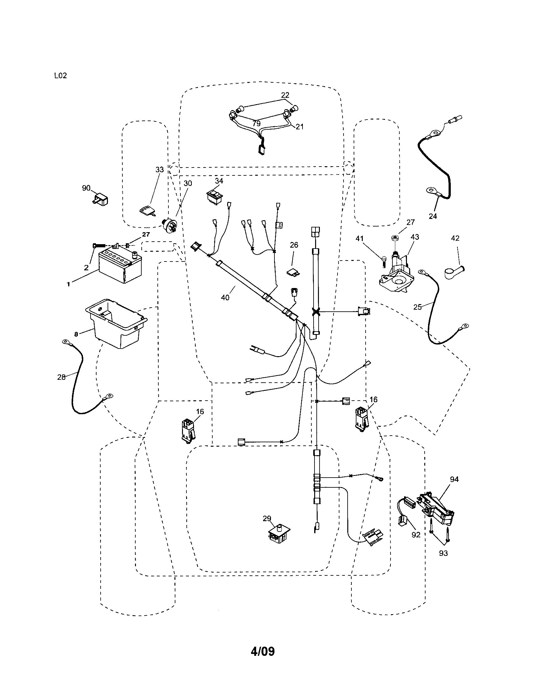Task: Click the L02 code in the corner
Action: [60, 76]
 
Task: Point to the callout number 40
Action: [225, 298]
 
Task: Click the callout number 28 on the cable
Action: [61, 377]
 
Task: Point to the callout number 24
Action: [433, 216]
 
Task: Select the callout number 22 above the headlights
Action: [285, 95]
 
